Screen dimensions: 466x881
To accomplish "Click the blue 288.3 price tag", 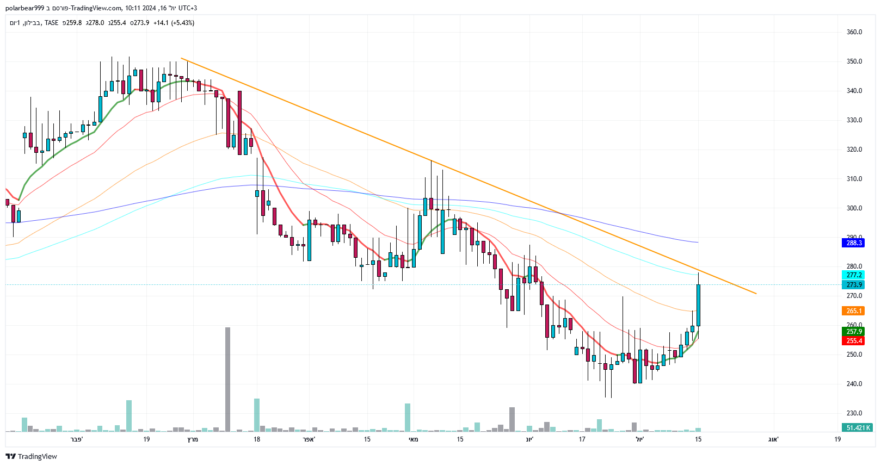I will pos(854,243).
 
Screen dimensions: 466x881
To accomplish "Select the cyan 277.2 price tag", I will pos(854,275).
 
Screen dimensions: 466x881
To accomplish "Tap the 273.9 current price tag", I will pos(854,285).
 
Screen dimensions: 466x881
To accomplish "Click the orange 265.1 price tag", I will pos(854,311).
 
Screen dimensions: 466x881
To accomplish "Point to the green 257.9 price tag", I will pos(854,332).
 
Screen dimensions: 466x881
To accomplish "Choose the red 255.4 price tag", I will pos(854,341).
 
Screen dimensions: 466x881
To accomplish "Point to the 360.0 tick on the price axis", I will pos(854,32).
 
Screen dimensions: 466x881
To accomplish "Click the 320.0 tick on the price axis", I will pos(854,150).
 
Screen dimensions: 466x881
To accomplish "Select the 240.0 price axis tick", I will pos(854,384).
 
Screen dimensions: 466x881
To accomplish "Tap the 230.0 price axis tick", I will pos(854,413).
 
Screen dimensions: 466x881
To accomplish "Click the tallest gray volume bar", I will pos(227,380).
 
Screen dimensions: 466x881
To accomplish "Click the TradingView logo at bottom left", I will pos(32,456).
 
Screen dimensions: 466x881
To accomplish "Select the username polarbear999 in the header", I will pos(24,8).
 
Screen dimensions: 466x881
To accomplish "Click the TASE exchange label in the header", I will pos(51,23).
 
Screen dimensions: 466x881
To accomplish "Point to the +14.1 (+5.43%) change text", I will pos(174,23).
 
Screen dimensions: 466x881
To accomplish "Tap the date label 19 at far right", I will pos(837,439).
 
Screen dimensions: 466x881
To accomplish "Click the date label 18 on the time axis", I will pos(257,439).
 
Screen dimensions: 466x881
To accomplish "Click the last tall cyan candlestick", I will pos(698,305).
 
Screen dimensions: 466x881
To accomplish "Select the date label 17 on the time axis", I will pos(582,439).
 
